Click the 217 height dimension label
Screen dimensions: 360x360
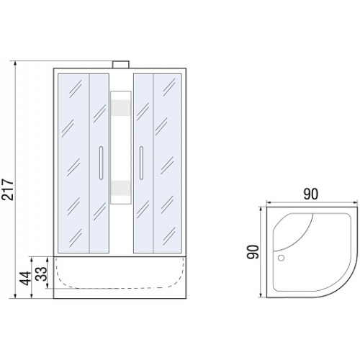[x=7, y=189]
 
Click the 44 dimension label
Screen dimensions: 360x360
[x=25, y=279]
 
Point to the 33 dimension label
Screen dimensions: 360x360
[x=41, y=274]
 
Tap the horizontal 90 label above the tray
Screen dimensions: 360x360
[x=311, y=194]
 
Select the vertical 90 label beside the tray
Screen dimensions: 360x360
[x=253, y=252]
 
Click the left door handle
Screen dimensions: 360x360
[x=101, y=163]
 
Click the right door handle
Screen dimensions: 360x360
[x=141, y=163]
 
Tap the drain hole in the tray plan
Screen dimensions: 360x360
[x=281, y=258]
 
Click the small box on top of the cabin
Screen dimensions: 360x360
[x=121, y=65]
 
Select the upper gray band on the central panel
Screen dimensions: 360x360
[x=121, y=107]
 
